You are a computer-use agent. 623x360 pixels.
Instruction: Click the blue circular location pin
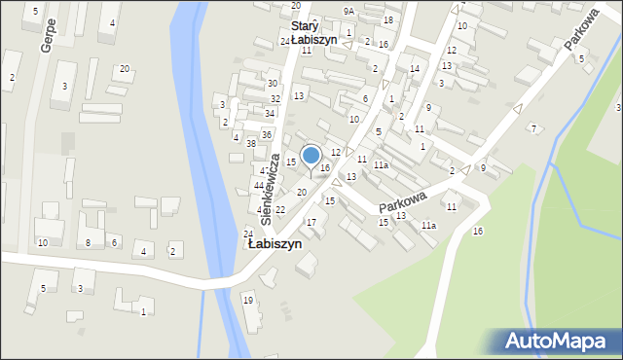311,156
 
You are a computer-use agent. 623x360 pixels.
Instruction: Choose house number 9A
348,11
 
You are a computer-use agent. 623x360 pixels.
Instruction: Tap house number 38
251,143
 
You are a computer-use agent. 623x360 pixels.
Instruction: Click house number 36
266,134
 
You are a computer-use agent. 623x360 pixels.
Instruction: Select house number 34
270,114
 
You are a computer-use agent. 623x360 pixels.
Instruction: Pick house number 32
275,99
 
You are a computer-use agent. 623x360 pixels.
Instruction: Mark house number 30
273,84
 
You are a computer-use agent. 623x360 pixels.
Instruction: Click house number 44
259,185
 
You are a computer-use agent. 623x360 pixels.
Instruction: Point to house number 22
279,210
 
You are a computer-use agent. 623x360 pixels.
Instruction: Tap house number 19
248,300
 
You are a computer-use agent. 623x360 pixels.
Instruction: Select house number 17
311,223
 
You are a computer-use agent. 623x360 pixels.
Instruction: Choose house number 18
388,20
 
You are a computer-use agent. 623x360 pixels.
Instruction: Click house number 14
415,68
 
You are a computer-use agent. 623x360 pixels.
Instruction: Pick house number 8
89,243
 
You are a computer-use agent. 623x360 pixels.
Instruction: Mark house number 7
533,128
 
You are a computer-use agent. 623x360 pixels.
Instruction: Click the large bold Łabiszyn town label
274,244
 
